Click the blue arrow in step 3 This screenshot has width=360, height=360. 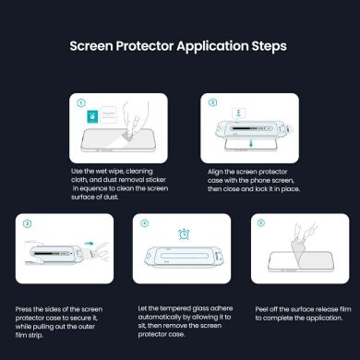click(x=89, y=245)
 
